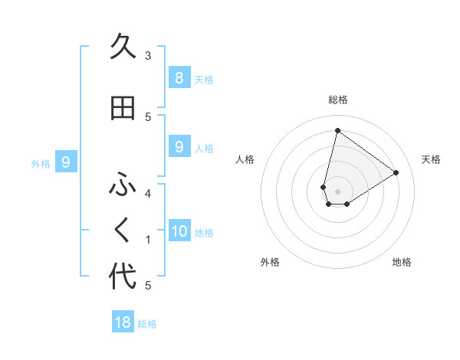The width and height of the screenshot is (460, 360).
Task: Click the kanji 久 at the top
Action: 123,47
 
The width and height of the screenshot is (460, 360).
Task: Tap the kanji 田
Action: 123,108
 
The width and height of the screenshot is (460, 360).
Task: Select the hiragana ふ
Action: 123,185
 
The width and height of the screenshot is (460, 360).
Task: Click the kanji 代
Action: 123,276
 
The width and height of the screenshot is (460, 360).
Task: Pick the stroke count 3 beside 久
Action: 148,56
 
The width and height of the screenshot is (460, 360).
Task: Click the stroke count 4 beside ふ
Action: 148,193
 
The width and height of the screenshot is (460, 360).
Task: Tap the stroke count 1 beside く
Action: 148,240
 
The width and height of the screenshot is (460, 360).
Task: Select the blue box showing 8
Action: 179,77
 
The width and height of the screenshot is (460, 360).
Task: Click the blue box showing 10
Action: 179,231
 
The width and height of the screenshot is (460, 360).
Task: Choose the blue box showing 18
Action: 123,322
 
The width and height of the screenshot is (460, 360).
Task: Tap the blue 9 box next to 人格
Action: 179,146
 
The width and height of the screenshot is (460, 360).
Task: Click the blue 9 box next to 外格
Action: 66,162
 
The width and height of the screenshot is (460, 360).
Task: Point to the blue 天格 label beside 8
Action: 204,79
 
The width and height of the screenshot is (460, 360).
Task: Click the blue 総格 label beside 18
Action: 147,324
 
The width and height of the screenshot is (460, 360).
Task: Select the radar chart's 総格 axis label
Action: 338,100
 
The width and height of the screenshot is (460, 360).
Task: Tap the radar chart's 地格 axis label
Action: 402,262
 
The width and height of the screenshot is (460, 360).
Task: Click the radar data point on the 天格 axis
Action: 396,172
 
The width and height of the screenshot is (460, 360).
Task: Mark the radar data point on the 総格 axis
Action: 337,131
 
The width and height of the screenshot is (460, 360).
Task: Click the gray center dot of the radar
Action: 338,191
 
